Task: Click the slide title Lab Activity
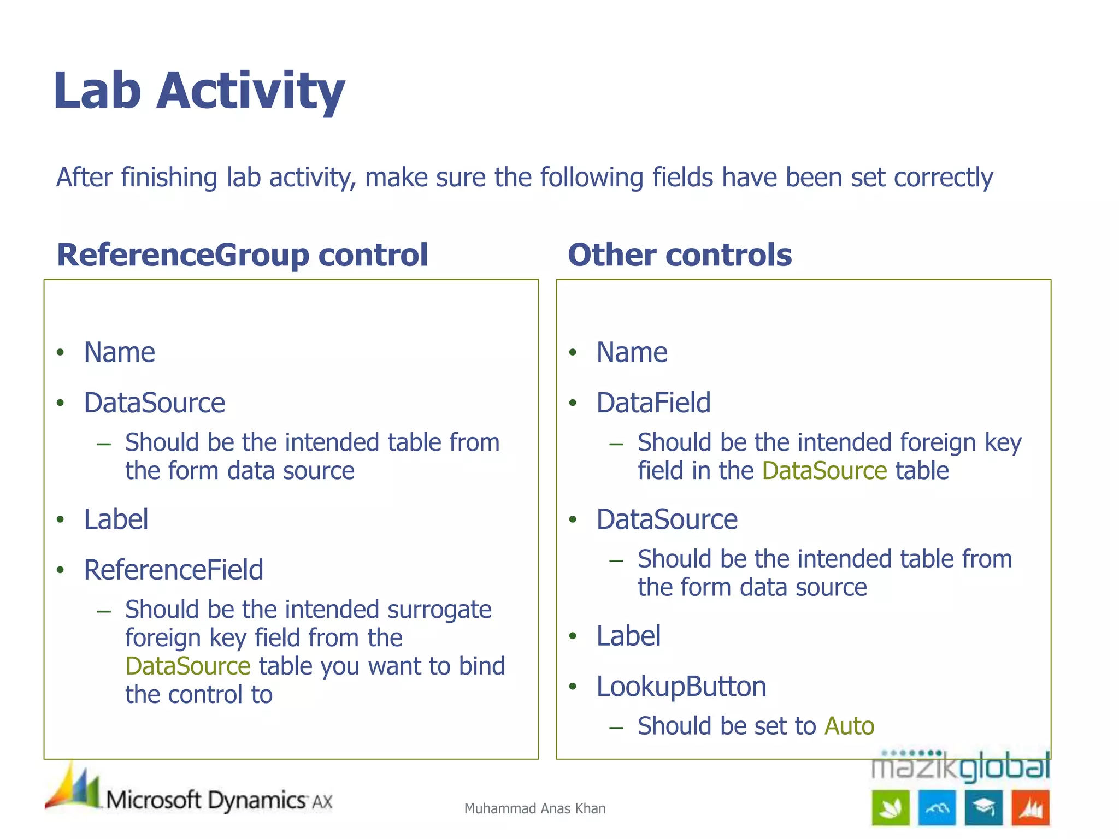199,90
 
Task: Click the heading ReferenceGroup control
242,255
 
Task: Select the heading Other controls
679,255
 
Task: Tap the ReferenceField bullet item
173,570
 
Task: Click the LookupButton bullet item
681,686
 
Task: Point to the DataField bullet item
653,403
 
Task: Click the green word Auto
849,726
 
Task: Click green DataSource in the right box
824,471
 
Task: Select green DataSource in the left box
187,666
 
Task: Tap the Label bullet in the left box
116,519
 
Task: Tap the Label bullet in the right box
628,636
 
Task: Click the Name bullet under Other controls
632,352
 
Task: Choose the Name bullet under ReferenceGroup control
119,352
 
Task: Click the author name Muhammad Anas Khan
534,808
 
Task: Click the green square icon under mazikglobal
890,807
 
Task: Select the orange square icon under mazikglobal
1030,807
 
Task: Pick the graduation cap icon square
983,807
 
